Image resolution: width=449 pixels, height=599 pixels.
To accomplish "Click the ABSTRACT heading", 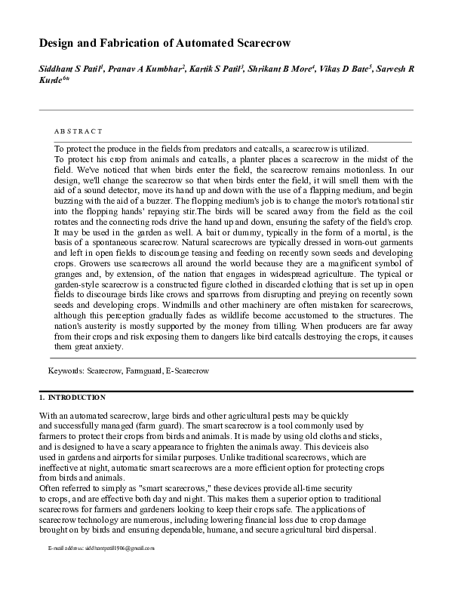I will (78, 131).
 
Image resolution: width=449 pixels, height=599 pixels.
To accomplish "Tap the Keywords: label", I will (66, 372).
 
